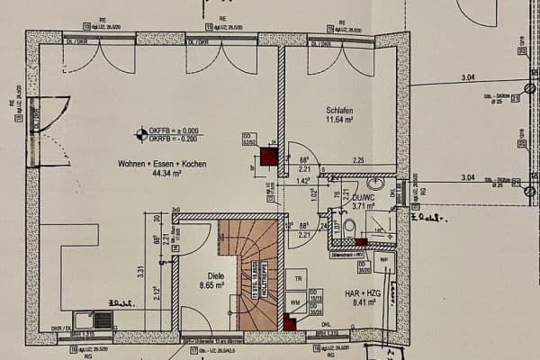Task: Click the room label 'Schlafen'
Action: click(342, 110)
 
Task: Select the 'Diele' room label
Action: click(216, 276)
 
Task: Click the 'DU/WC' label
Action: click(363, 196)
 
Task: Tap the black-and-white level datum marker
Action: click(140, 135)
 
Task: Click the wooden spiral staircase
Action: click(251, 274)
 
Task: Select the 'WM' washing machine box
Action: click(295, 302)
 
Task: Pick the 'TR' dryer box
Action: click(296, 280)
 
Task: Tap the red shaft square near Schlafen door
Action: click(268, 157)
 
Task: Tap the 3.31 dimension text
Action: click(141, 270)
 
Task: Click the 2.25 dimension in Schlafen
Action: click(358, 160)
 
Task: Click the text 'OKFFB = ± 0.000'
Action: click(175, 131)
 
